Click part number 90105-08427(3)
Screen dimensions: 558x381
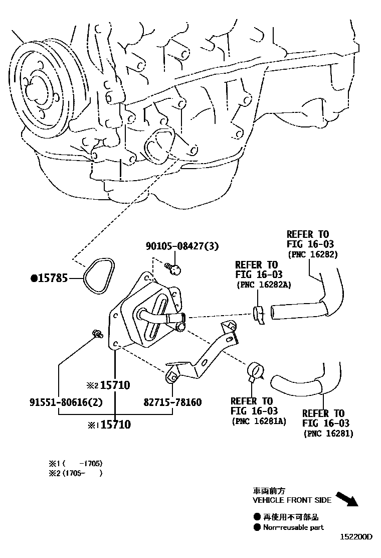pos(182,246)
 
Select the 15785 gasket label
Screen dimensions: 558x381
pos(52,277)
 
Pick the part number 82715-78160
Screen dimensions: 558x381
pos(172,402)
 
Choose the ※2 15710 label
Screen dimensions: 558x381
pos(109,385)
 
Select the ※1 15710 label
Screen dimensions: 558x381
pos(109,425)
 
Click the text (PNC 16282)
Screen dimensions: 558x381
pos(313,254)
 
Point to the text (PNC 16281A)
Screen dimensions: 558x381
pos(259,421)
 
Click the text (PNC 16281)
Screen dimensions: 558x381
pos(328,434)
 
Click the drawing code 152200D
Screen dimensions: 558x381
pos(357,536)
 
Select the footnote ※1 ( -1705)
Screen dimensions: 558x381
pos(75,463)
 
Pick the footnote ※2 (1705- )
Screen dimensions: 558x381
pos(75,473)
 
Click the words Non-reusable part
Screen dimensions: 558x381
pos(293,527)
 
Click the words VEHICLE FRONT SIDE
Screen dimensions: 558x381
pos(291,500)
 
